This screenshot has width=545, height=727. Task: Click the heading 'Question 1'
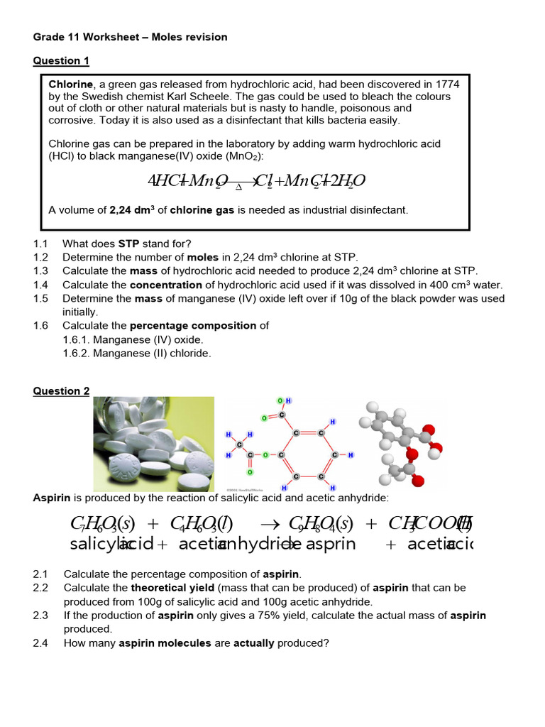pos(61,61)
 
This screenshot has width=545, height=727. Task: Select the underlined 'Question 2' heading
pos(61,391)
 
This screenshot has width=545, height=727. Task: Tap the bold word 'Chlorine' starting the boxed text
pos(71,84)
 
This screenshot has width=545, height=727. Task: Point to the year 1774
pos(446,84)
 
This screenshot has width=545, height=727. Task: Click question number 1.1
pos(40,244)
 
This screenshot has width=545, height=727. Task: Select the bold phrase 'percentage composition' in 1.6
pos(195,326)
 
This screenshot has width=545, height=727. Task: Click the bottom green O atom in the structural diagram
pos(250,472)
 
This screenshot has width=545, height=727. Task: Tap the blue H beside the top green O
pos(288,401)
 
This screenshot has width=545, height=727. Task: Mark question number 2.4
pos(40,643)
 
